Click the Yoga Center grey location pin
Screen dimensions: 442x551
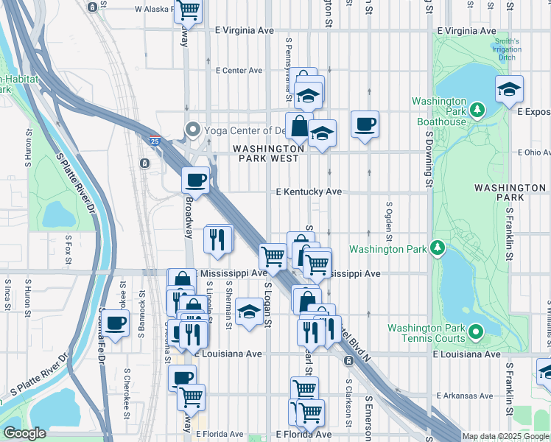[x=194, y=130]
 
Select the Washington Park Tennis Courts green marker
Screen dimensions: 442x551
[x=477, y=332]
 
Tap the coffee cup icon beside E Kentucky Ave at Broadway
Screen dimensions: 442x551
[x=196, y=179]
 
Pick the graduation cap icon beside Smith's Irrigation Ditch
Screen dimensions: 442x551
[x=509, y=89]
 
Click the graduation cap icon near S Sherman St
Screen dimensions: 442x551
[x=250, y=312]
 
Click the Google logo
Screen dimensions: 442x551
[x=24, y=433]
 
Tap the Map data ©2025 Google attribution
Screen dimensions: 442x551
[x=505, y=436]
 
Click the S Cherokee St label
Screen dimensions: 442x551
[x=127, y=384]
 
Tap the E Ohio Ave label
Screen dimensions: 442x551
[x=533, y=152]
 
